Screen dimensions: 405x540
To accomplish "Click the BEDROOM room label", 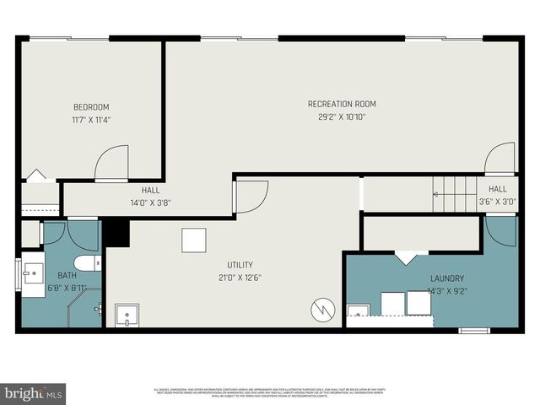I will pyautogui.click(x=91, y=107).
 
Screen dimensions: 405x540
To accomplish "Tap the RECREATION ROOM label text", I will pyautogui.click(x=342, y=104).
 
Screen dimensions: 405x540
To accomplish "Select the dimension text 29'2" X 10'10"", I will pyautogui.click(x=342, y=116).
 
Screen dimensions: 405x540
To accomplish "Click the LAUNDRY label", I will pyautogui.click(x=446, y=278).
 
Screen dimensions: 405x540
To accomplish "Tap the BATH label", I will pyautogui.click(x=67, y=276).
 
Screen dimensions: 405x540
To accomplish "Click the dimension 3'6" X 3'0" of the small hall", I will pyautogui.click(x=497, y=202).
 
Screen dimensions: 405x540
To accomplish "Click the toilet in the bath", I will pyautogui.click(x=88, y=262).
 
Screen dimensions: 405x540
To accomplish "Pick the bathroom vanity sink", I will pyautogui.click(x=34, y=273).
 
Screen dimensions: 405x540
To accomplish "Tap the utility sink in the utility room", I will pyautogui.click(x=127, y=316).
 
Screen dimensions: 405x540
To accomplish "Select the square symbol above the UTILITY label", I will pyautogui.click(x=193, y=240).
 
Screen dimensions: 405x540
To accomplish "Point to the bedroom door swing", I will pyautogui.click(x=111, y=164).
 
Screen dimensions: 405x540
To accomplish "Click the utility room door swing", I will pyautogui.click(x=249, y=197).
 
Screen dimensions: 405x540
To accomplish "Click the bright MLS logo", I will pyautogui.click(x=33, y=393).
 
